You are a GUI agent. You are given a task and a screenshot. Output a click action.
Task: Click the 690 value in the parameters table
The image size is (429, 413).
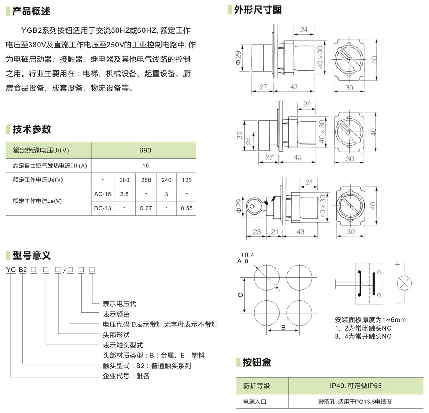[x=145, y=151]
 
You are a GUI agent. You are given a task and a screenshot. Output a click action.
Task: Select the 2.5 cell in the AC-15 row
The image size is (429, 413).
[x=124, y=194]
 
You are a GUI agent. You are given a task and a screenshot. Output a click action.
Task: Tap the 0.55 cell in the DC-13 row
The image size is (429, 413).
[x=187, y=208]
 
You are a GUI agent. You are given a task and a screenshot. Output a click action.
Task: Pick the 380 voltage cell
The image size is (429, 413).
[x=124, y=180]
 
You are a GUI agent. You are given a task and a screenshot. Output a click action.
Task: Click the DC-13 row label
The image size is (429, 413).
[x=103, y=208]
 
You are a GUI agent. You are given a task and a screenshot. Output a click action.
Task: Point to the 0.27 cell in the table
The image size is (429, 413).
[x=146, y=208]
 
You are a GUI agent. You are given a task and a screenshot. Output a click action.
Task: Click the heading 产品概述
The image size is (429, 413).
[x=31, y=11]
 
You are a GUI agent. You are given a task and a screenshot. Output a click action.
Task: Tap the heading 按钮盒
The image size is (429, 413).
[x=257, y=362]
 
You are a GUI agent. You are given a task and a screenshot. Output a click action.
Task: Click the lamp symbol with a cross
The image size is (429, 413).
[x=404, y=284]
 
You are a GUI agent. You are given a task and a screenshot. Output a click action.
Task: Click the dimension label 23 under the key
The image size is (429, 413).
[x=257, y=232]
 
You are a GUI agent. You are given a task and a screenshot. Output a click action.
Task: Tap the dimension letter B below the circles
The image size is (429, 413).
[x=283, y=327]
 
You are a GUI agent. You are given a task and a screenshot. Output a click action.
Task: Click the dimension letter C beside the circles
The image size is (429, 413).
[x=241, y=295]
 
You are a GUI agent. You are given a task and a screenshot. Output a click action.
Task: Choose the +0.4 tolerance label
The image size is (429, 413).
[x=247, y=255]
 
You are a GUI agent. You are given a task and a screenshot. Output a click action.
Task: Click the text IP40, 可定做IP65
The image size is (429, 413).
[x=355, y=386]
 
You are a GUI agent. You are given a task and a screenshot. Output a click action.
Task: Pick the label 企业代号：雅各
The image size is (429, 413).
[x=126, y=376]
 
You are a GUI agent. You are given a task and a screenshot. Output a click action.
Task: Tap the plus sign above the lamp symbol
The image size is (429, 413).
[x=398, y=265]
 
